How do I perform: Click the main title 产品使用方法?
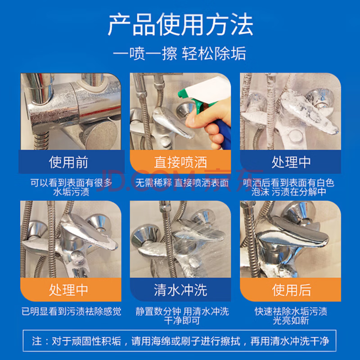180,25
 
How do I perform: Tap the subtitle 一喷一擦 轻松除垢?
180,54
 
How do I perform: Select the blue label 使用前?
68,162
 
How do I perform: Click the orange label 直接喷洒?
180,162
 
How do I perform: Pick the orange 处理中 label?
68,290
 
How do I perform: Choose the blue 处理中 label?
291,162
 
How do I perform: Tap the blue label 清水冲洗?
180,290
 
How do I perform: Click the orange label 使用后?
291,290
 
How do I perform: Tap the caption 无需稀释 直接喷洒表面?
182,183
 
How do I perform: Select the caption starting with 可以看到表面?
71,187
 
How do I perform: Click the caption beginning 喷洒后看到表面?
288,187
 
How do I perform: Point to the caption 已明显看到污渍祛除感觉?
71,311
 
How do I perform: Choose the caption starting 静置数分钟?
182,316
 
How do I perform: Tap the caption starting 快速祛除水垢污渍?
291,316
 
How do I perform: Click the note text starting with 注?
180,341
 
